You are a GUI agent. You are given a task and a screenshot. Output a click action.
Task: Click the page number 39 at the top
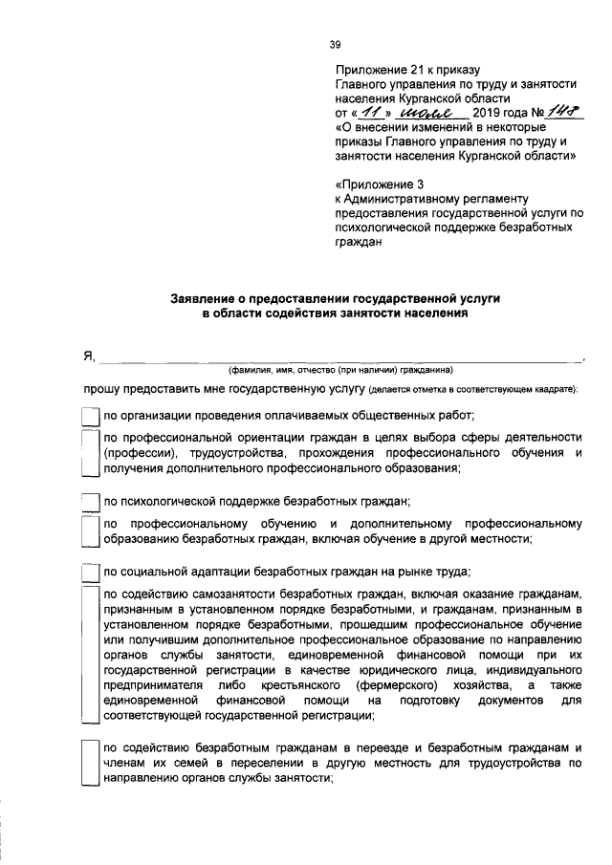click(335, 44)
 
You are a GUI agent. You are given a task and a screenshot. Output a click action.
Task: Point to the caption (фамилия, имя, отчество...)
click(339, 370)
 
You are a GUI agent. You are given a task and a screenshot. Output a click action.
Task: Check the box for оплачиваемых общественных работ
click(90, 416)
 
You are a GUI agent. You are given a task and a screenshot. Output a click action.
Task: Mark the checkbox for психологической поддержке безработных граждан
click(90, 502)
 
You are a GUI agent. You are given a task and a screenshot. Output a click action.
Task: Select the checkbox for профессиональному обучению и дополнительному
click(90, 531)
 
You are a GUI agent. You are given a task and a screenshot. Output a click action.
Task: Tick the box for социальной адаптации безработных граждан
click(90, 573)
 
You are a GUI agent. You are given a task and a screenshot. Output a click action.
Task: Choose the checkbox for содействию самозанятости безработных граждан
click(90, 654)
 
